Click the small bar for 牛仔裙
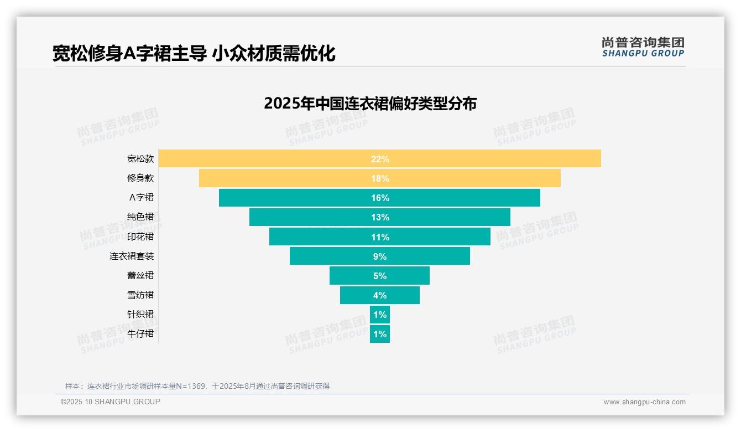pos(379,334)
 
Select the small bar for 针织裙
pos(379,315)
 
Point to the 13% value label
pos(380,217)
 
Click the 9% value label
pos(380,256)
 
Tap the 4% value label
pos(380,295)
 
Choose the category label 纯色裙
pos(140,217)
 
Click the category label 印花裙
pos(140,236)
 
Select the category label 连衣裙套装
pos(132,256)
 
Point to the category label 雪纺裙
pos(140,295)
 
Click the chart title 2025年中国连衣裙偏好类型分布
pos(370,104)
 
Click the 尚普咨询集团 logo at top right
pos(643,47)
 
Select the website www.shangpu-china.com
pos(644,402)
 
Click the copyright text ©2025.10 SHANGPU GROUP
pos(111,402)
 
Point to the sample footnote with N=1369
pos(197,386)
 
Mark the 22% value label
pos(380,159)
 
